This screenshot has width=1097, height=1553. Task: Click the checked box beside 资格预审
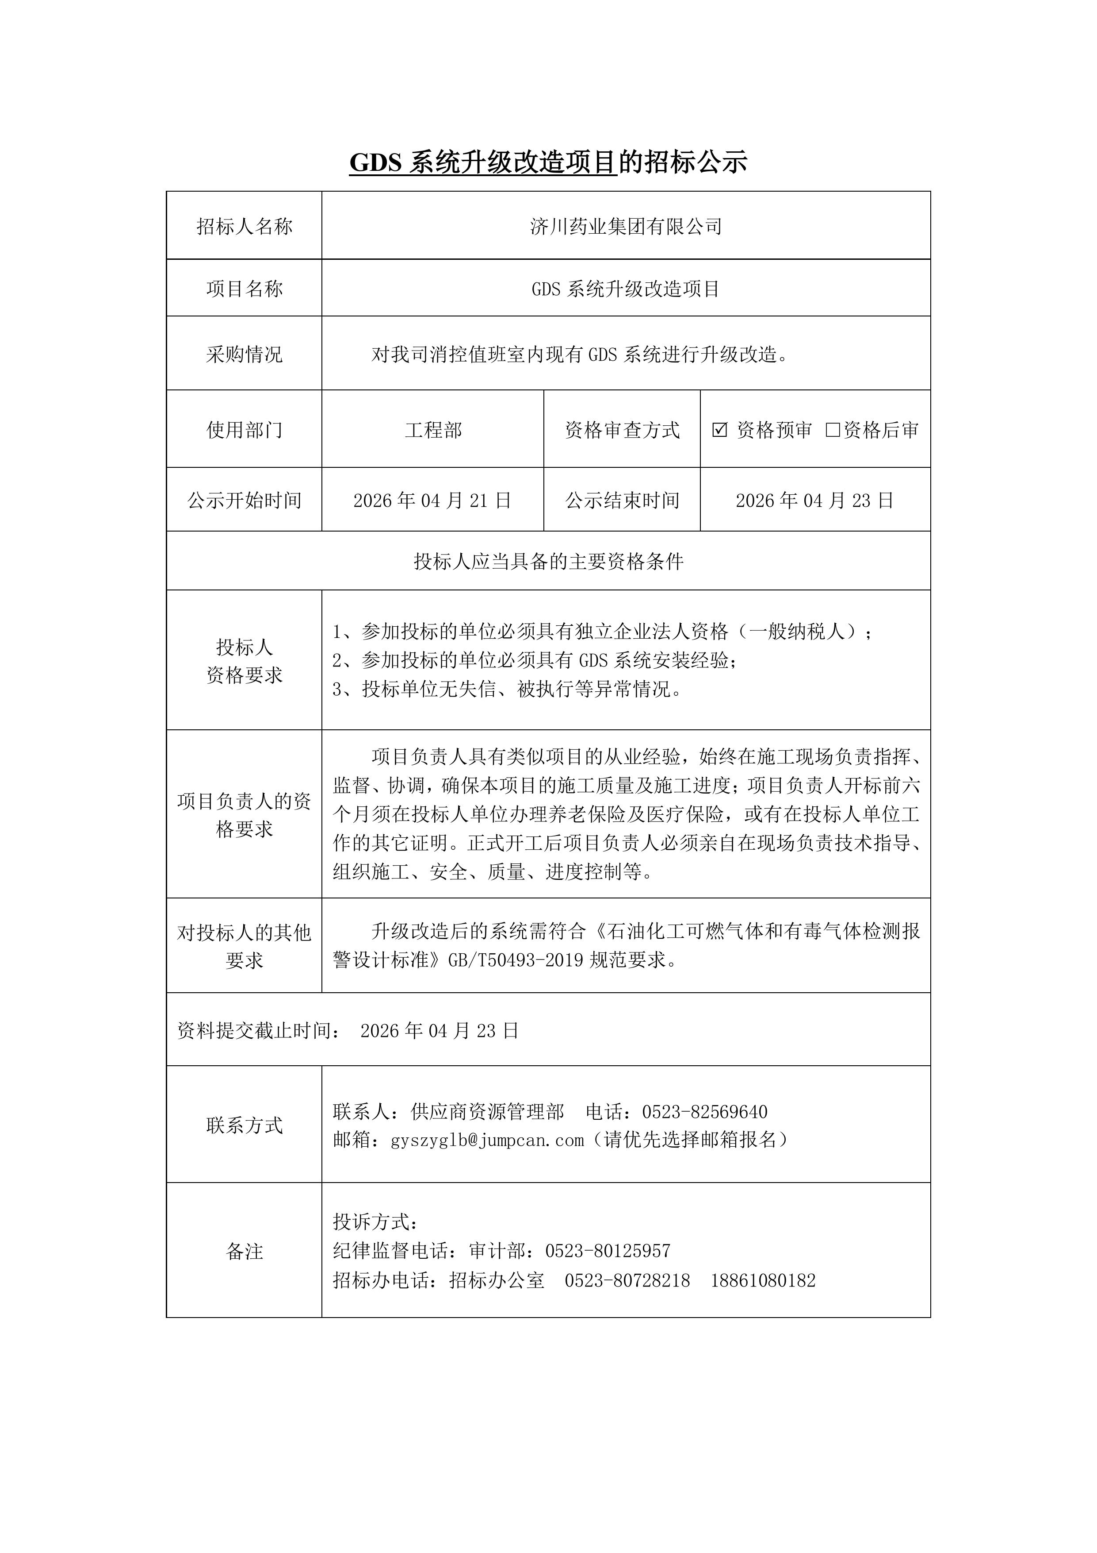720,429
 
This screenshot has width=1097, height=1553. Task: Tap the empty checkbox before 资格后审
833,429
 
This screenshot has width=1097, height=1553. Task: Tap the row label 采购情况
244,354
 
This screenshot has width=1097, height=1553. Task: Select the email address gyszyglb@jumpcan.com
487,1141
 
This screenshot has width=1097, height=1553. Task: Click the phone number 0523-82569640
704,1111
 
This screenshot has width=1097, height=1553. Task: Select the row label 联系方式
244,1125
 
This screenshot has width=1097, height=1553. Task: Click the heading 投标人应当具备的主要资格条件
548,561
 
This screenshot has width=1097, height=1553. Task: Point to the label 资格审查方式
622,429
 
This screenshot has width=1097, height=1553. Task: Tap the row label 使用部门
244,429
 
